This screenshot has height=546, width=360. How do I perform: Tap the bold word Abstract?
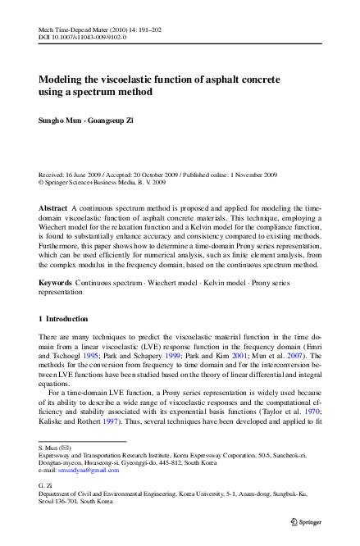pos(53,210)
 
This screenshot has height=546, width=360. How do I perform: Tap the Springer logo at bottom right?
pos(307,521)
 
